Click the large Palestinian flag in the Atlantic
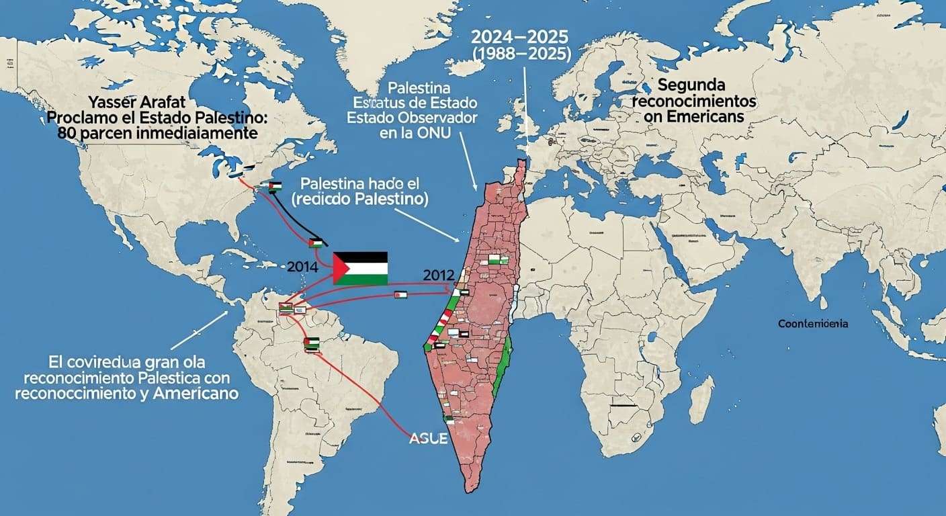[x=361, y=268]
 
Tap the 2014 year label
[x=302, y=266]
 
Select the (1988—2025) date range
[x=521, y=56]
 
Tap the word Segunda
[x=691, y=86]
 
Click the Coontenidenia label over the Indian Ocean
[x=813, y=324]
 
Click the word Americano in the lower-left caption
[x=196, y=394]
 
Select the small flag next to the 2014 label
[x=316, y=243]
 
